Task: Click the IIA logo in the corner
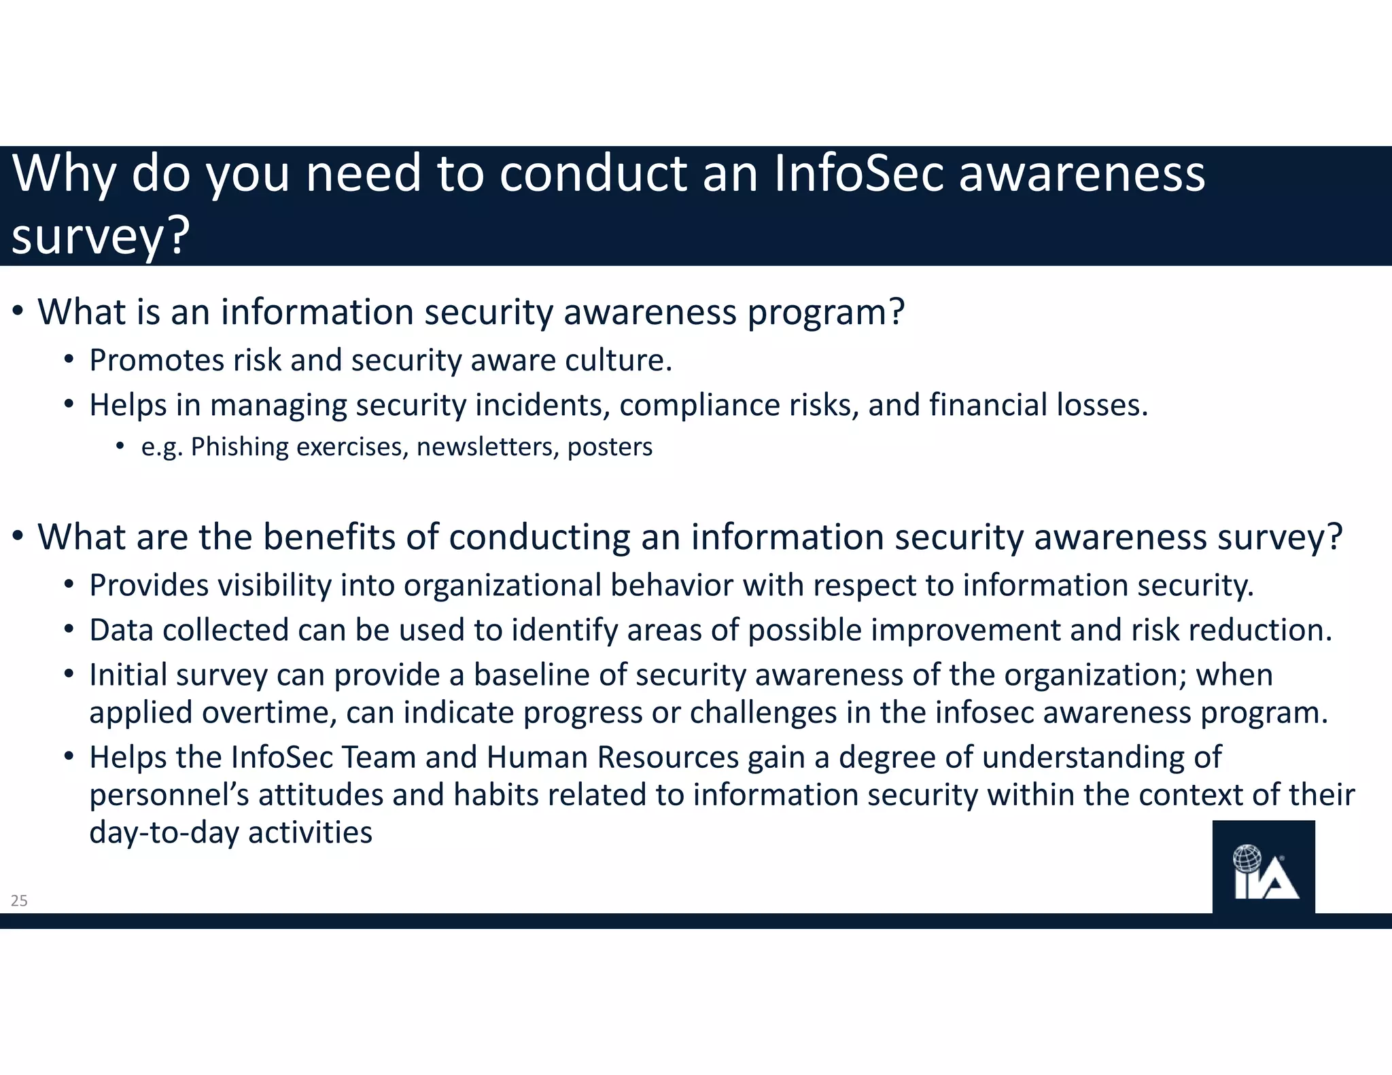[1264, 868]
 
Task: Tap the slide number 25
[19, 901]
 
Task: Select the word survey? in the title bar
[101, 236]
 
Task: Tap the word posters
[610, 447]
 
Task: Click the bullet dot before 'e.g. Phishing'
[120, 446]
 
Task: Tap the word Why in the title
[65, 174]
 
